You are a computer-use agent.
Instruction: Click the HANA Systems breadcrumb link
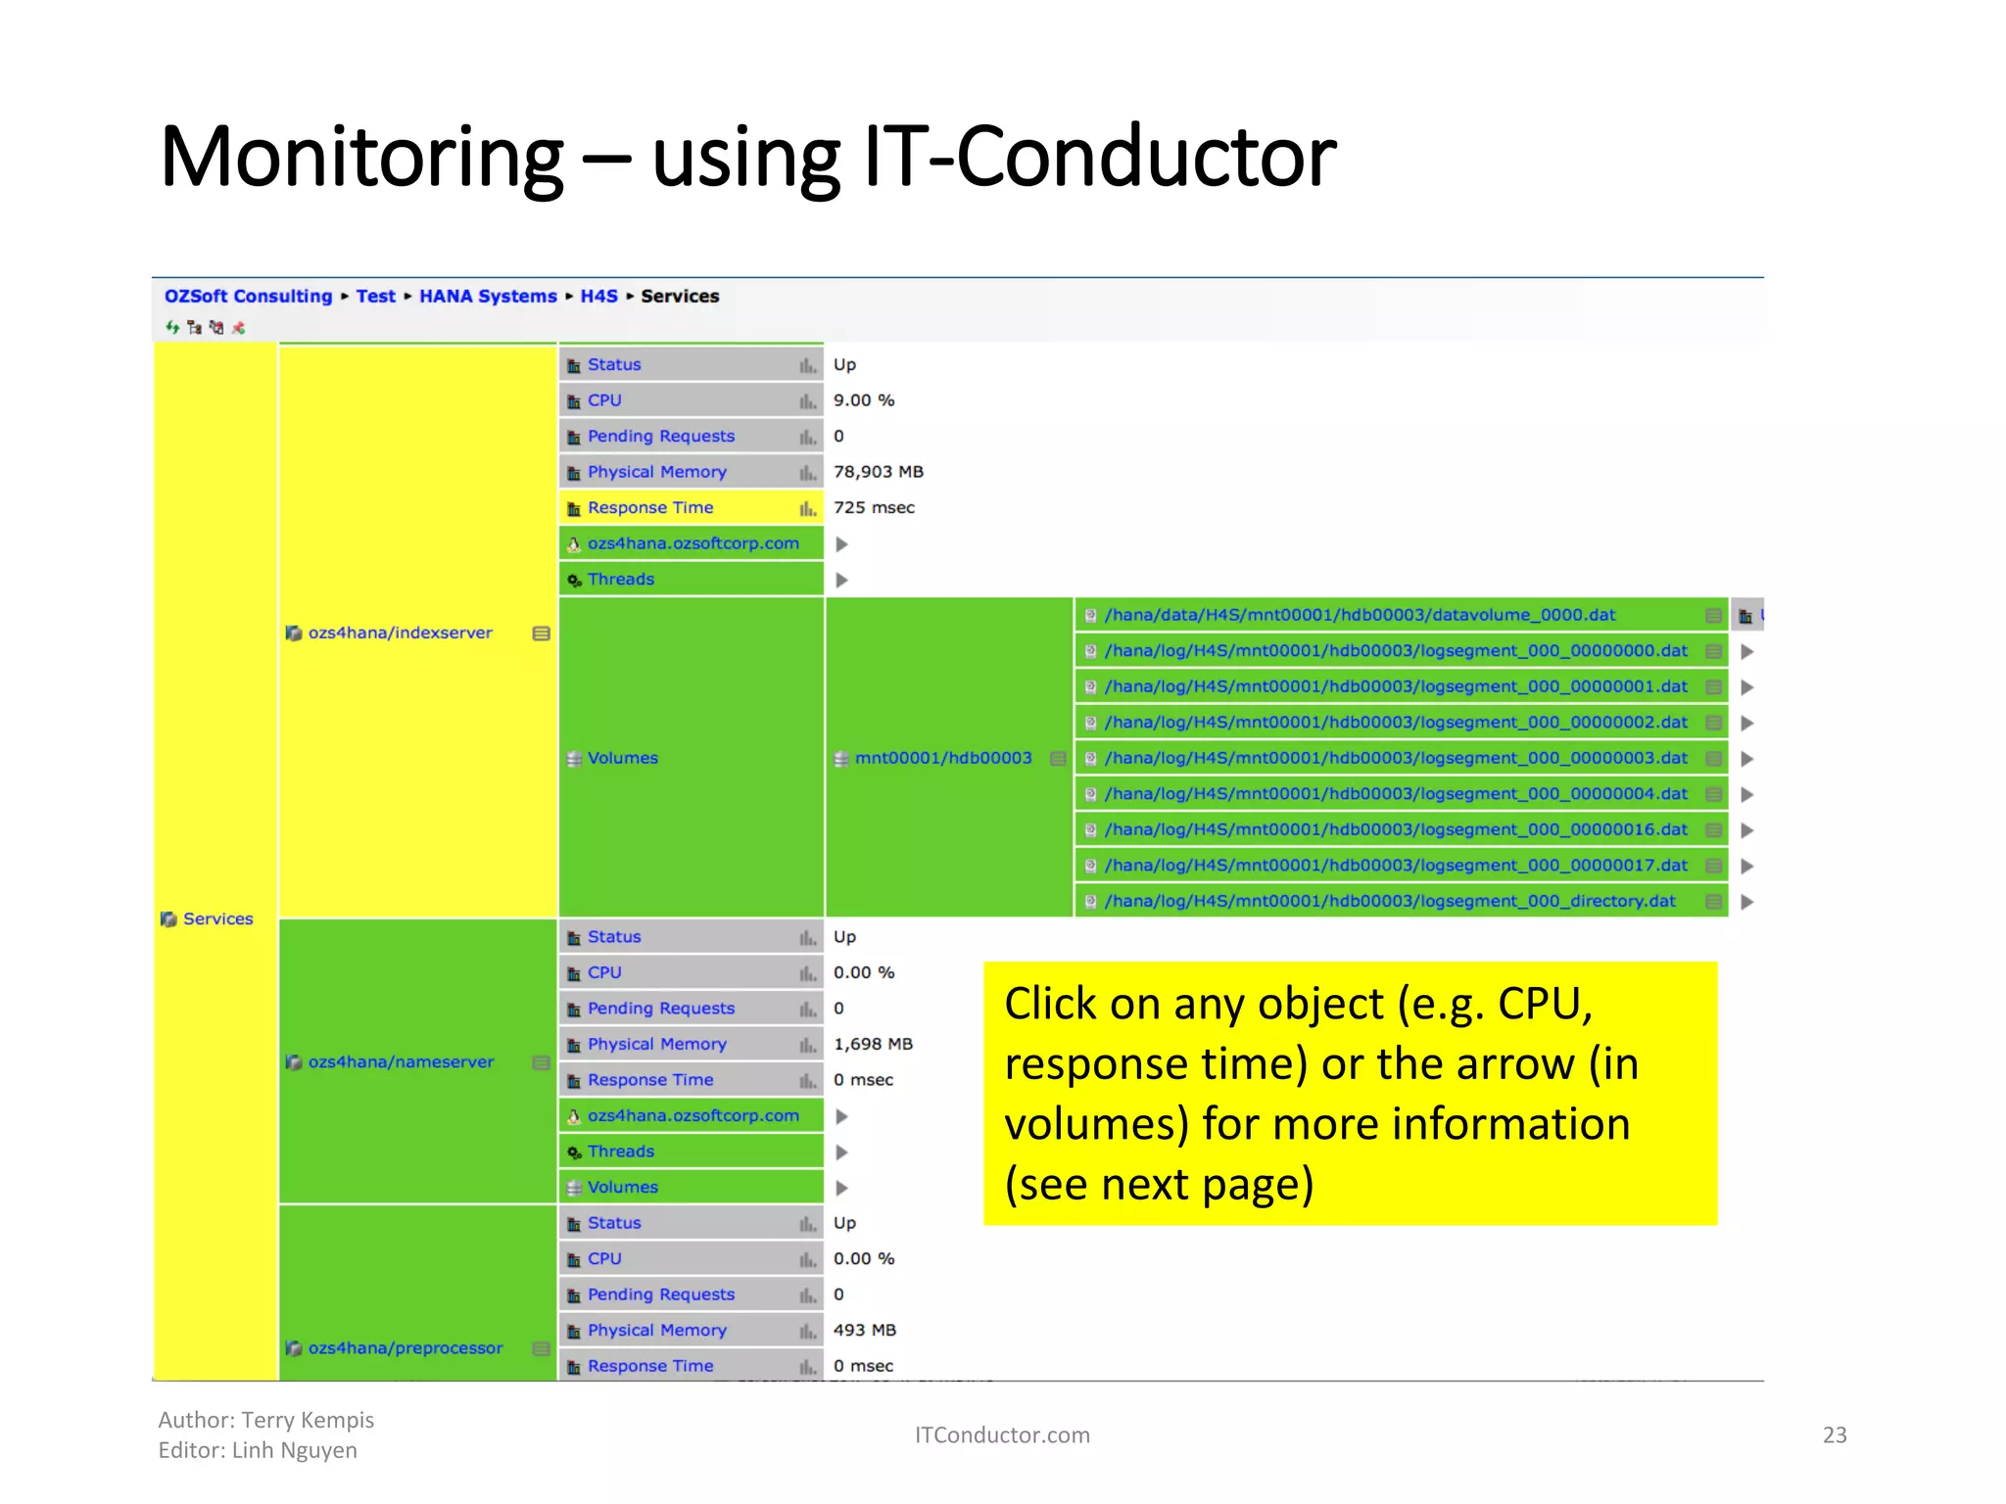(x=488, y=296)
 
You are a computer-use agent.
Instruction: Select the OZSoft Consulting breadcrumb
(x=248, y=296)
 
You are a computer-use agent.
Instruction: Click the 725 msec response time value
(x=874, y=507)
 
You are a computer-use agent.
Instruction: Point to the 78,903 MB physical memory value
(x=878, y=472)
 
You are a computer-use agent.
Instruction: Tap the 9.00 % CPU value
(x=864, y=400)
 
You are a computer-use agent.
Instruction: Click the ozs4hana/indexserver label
(x=400, y=633)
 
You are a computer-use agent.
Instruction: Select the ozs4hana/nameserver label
(x=401, y=1061)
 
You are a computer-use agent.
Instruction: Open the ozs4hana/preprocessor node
(x=405, y=1348)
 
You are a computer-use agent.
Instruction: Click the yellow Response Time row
(x=650, y=507)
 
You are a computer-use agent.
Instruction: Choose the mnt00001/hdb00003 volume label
(x=942, y=758)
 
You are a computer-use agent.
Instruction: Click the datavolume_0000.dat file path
(x=1360, y=615)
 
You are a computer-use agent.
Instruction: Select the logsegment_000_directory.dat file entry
(x=1389, y=901)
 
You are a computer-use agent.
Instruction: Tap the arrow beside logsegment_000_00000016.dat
(x=1746, y=830)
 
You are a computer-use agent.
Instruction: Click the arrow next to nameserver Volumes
(x=841, y=1188)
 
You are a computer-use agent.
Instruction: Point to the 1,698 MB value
(x=873, y=1044)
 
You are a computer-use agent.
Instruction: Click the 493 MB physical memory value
(x=864, y=1330)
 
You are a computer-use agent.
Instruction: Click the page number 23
(x=1834, y=1434)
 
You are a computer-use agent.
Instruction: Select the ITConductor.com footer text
(x=1001, y=1434)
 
